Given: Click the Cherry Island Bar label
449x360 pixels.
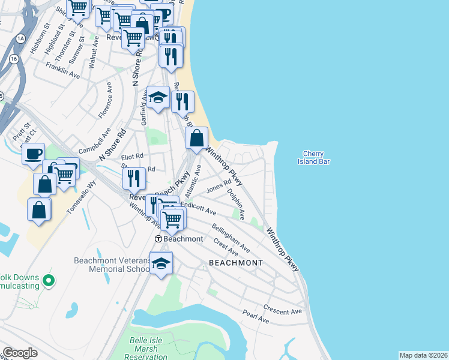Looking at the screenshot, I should [x=314, y=158].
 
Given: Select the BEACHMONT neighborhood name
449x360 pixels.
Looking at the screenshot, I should [x=236, y=263].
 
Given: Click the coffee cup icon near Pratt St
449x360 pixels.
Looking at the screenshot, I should [x=33, y=152].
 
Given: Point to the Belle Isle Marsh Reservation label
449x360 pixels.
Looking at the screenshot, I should [x=148, y=349].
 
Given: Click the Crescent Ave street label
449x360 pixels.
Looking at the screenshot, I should [x=282, y=311].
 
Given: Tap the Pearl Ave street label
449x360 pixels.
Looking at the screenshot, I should [x=255, y=317].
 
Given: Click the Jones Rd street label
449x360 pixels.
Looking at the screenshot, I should [x=218, y=187].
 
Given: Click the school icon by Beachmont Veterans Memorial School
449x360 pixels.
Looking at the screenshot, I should [x=161, y=262].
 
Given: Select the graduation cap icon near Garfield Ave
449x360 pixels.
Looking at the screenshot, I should [x=157, y=98].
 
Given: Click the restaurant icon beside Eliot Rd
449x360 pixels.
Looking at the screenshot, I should [x=134, y=178].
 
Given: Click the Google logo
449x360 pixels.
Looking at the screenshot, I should [x=20, y=353].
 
